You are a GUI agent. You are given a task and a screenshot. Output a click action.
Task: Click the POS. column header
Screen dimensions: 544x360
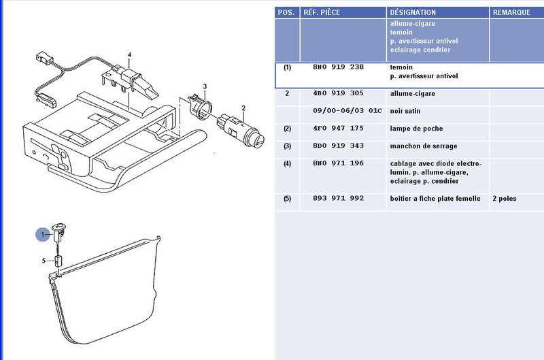pos(286,12)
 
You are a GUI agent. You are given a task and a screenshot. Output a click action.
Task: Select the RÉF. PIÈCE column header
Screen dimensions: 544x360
pos(322,12)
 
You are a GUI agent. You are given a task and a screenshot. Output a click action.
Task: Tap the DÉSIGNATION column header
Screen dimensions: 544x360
pos(413,12)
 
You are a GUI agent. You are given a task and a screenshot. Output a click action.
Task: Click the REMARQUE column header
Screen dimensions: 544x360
pos(511,12)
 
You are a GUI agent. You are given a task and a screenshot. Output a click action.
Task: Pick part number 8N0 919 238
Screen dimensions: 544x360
pos(338,67)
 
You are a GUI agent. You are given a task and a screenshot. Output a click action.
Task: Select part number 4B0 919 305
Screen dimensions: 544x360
pos(338,93)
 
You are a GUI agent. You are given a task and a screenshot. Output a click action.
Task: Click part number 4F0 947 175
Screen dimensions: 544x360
pos(338,128)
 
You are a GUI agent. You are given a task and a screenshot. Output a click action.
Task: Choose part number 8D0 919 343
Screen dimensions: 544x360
pos(338,146)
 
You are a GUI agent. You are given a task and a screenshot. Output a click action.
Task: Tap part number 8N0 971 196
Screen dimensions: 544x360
pos(338,163)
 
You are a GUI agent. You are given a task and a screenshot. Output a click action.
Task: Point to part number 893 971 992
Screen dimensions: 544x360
pos(338,198)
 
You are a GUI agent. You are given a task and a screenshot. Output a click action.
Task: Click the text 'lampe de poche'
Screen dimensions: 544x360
pos(416,129)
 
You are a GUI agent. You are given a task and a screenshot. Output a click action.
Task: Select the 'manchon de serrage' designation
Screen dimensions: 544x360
pos(424,146)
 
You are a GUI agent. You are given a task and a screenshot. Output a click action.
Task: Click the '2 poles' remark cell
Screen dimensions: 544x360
pos(505,199)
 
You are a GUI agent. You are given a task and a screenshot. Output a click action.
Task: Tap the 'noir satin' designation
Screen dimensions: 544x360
pos(405,111)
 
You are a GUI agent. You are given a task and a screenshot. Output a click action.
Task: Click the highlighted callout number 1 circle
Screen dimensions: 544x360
pos(43,235)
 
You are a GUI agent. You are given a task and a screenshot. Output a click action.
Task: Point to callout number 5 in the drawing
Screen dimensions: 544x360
pos(44,261)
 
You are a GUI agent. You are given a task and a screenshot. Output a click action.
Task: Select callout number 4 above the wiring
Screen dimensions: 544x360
pos(129,55)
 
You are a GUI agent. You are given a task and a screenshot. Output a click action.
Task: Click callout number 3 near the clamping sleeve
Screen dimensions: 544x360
pos(205,86)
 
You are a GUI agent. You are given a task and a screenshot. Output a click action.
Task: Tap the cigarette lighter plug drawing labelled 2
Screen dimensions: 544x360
pos(240,131)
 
